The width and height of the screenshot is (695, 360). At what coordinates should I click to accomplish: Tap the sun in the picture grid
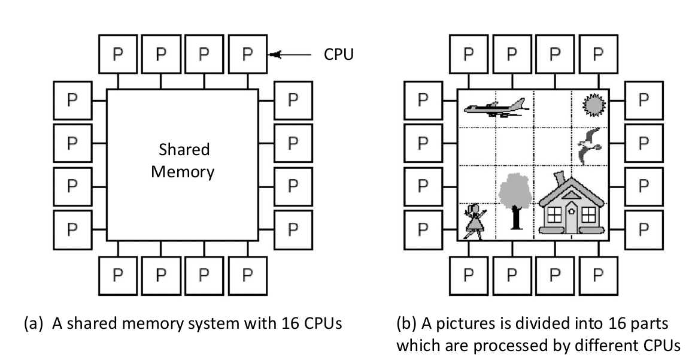[x=594, y=106]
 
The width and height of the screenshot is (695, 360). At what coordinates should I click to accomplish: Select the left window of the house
[x=554, y=213]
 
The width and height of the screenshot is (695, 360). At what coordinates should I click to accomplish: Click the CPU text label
[x=339, y=55]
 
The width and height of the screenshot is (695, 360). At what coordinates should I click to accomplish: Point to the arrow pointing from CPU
[x=291, y=55]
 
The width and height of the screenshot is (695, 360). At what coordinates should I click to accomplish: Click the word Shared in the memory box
[x=184, y=149]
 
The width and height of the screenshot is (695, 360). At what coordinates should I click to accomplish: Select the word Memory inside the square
[x=183, y=172]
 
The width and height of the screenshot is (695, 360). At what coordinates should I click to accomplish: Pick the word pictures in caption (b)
[x=448, y=324]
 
